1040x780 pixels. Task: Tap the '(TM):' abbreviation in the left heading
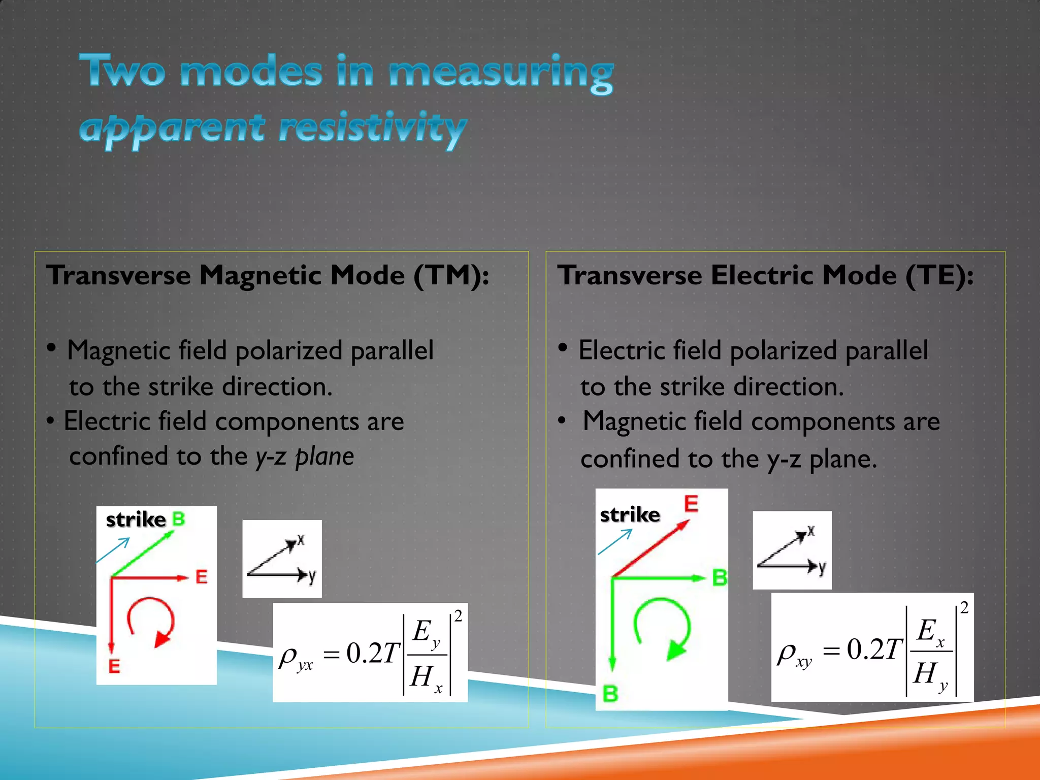tap(451, 276)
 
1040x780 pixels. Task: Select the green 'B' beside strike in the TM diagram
tap(178, 519)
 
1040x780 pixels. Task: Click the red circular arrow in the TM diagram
tap(151, 623)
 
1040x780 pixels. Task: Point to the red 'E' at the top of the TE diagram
tap(691, 504)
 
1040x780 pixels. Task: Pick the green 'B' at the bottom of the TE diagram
tap(610, 694)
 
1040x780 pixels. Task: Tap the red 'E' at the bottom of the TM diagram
tap(114, 666)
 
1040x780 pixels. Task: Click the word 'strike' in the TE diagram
tap(630, 515)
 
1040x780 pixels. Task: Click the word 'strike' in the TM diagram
tap(136, 519)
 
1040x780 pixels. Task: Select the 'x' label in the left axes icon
tap(301, 540)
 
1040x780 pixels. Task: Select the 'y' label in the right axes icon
tap(822, 568)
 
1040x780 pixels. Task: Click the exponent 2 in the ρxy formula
tap(964, 607)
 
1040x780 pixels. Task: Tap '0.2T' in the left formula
tap(373, 653)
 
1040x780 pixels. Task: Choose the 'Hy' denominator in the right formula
tap(929, 675)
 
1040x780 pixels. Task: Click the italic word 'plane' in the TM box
tap(324, 456)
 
